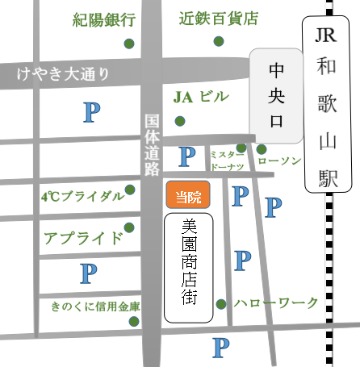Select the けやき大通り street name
click(62, 74)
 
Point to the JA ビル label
click(201, 98)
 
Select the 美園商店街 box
click(188, 265)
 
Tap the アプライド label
click(83, 237)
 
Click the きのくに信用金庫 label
click(94, 307)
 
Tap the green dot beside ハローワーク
click(221, 304)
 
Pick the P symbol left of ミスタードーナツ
click(186, 155)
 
